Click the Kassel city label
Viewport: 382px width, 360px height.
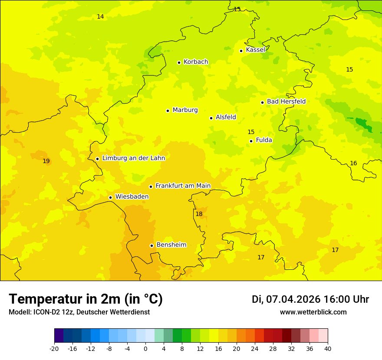click(x=255, y=50)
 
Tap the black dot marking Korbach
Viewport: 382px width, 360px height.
click(x=179, y=62)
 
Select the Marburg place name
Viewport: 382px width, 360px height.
click(x=185, y=110)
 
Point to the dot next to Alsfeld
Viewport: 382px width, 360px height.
click(x=211, y=118)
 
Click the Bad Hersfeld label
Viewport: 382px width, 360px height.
click(x=286, y=101)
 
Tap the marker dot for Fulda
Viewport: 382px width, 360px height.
click(x=251, y=141)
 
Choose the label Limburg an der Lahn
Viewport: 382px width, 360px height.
click(x=133, y=158)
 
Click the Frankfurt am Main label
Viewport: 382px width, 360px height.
click(x=183, y=186)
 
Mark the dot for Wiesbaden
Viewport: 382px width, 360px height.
click(x=110, y=198)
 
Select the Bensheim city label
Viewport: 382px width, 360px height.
click(x=171, y=245)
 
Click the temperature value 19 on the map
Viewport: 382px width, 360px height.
click(x=46, y=161)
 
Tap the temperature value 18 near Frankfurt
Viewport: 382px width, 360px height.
click(x=199, y=214)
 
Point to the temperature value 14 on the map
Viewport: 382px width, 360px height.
click(x=100, y=17)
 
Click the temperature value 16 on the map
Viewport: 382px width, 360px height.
click(x=353, y=164)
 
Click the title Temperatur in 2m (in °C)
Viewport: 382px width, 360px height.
click(x=86, y=299)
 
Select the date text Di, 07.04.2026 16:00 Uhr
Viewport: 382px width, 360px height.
click(x=310, y=299)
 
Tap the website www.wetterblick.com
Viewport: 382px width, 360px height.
click(x=313, y=312)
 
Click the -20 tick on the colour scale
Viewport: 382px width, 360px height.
click(x=54, y=349)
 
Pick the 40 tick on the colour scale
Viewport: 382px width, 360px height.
click(x=328, y=349)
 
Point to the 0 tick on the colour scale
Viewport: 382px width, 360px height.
click(x=145, y=349)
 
